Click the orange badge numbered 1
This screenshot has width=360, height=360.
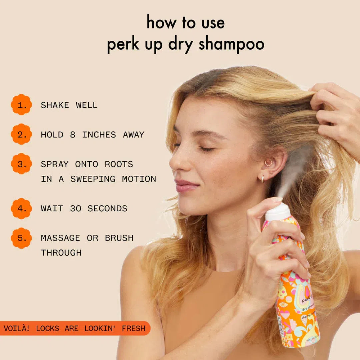pyautogui.click(x=21, y=105)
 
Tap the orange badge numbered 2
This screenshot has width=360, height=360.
pyautogui.click(x=21, y=134)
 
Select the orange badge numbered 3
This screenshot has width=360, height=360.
pyautogui.click(x=21, y=164)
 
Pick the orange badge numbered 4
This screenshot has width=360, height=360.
pyautogui.click(x=21, y=208)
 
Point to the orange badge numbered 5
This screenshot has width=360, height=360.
pyautogui.click(x=21, y=238)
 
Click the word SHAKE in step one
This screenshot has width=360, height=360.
pyautogui.click(x=55, y=105)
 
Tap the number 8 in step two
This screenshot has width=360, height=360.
pyautogui.click(x=73, y=135)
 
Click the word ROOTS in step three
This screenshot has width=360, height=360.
pyautogui.click(x=119, y=164)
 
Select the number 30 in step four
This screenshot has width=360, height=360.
pyautogui.click(x=76, y=209)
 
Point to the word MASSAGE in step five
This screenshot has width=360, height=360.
pyautogui.click(x=60, y=238)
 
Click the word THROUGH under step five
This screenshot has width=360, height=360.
pyautogui.click(x=61, y=253)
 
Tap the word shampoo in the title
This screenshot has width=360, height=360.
pyautogui.click(x=231, y=45)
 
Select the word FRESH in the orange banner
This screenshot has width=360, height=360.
pyautogui.click(x=133, y=328)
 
